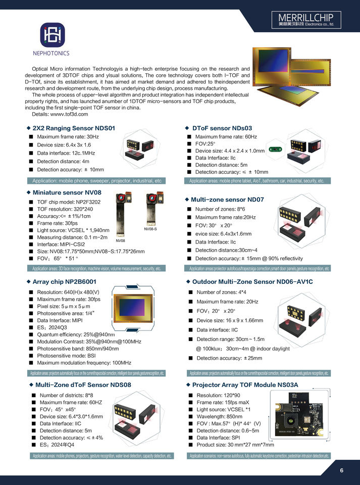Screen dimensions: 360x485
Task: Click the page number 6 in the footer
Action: coord(342,471)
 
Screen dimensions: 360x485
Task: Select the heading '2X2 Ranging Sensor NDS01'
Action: coord(74,128)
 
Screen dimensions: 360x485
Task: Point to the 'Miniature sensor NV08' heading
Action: coord(67,192)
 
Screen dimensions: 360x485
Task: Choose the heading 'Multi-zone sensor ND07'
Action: coord(227,200)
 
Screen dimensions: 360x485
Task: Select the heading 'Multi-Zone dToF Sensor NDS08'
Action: coord(83,385)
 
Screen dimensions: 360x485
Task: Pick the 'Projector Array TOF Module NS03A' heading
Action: coord(245,385)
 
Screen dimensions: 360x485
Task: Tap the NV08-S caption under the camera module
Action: coord(150,229)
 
